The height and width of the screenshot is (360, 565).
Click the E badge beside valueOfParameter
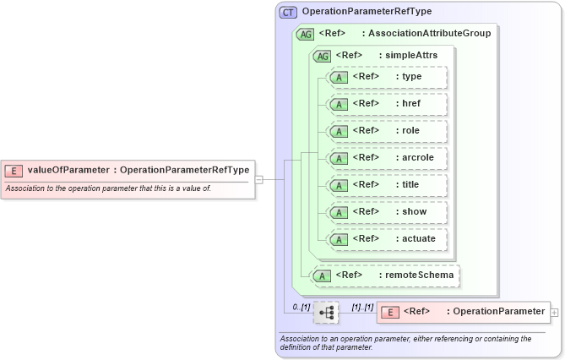(x=14, y=170)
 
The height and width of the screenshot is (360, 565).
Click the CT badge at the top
(x=289, y=12)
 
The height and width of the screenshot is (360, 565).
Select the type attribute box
(x=388, y=77)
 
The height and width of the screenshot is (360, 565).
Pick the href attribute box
(x=388, y=104)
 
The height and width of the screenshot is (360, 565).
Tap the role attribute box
(x=388, y=131)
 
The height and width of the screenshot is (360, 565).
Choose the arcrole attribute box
(x=388, y=158)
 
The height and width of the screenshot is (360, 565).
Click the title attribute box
(x=388, y=185)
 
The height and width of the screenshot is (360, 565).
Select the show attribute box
(x=388, y=212)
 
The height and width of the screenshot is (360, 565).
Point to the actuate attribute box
(x=388, y=239)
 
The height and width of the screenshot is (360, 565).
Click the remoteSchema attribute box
(x=386, y=275)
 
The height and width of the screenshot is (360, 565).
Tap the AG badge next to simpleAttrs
(x=322, y=56)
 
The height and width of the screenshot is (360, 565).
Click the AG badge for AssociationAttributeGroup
(x=306, y=34)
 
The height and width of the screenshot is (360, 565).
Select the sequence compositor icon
(x=326, y=312)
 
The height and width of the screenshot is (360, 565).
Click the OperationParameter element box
(x=463, y=312)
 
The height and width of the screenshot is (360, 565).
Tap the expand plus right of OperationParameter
(x=554, y=312)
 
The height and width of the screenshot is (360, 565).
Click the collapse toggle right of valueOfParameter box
(x=259, y=179)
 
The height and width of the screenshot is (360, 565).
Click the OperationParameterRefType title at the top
(x=367, y=12)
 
